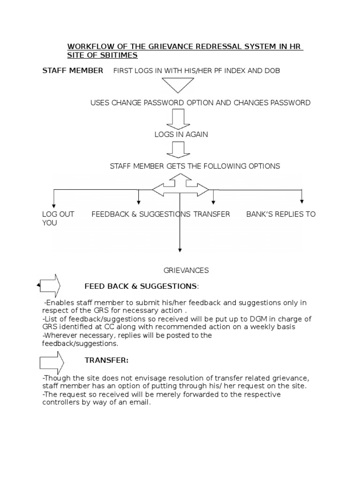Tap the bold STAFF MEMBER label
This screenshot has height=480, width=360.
(x=73, y=70)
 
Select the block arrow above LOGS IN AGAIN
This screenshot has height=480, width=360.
(x=178, y=119)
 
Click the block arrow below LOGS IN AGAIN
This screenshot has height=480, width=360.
(x=178, y=150)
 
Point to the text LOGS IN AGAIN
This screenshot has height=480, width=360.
(x=181, y=135)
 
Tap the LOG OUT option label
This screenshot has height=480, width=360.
(x=58, y=214)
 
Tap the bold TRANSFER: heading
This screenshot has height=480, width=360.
(x=106, y=360)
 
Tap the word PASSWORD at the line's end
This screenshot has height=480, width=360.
(x=288, y=103)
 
